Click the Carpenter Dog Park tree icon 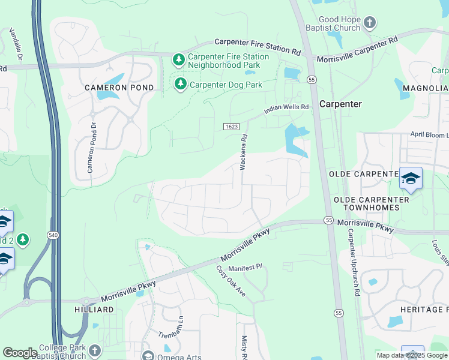180,85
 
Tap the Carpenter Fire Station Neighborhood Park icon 178,60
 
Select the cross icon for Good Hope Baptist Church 370,23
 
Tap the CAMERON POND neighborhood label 119,88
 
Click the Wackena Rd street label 244,151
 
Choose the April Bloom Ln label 429,135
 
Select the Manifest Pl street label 244,266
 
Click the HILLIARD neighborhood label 94,309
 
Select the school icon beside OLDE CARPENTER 411,178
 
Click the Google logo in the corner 20,353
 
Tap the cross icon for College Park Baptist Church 94,350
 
